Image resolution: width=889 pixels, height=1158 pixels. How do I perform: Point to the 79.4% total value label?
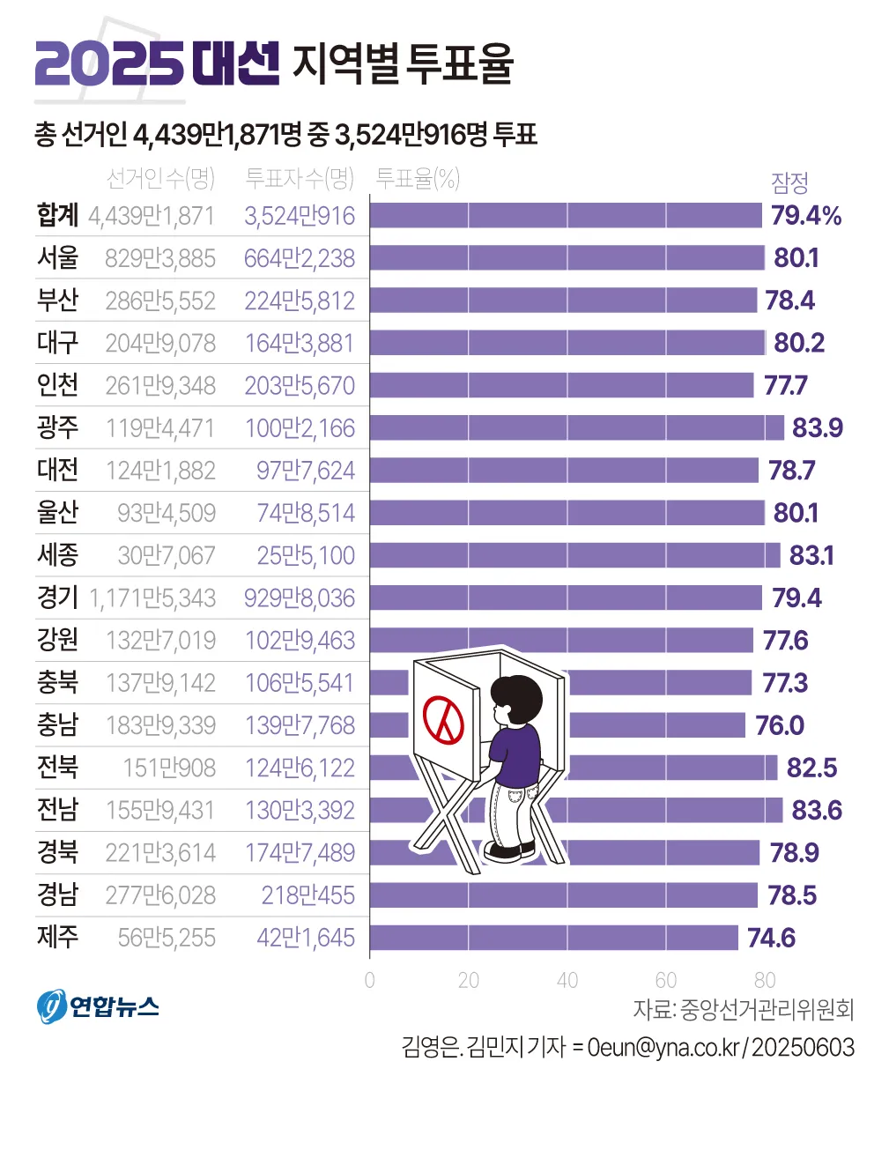click(806, 216)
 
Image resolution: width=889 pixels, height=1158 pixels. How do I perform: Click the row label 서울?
click(58, 258)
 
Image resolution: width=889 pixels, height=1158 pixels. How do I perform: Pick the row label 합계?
click(58, 216)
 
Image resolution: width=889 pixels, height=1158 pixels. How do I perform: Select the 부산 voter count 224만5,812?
click(300, 301)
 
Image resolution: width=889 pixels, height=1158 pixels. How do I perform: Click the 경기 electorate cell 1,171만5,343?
click(152, 598)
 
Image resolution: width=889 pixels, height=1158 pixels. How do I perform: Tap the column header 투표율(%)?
click(418, 179)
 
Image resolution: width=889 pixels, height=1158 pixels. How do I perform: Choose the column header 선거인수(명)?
click(160, 179)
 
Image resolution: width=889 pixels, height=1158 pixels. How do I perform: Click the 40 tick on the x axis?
click(567, 980)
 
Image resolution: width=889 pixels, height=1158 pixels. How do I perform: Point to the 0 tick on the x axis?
click(369, 980)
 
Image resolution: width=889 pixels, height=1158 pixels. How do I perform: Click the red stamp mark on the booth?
click(443, 719)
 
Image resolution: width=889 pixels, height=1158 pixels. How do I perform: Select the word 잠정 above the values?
click(789, 182)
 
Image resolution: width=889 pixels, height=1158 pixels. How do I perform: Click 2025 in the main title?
click(108, 63)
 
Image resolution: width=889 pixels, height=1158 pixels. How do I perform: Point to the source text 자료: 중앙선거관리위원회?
click(743, 1010)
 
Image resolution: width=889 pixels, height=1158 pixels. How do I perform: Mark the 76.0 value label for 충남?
click(780, 725)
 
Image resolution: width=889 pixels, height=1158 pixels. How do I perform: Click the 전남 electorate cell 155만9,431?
click(160, 811)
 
